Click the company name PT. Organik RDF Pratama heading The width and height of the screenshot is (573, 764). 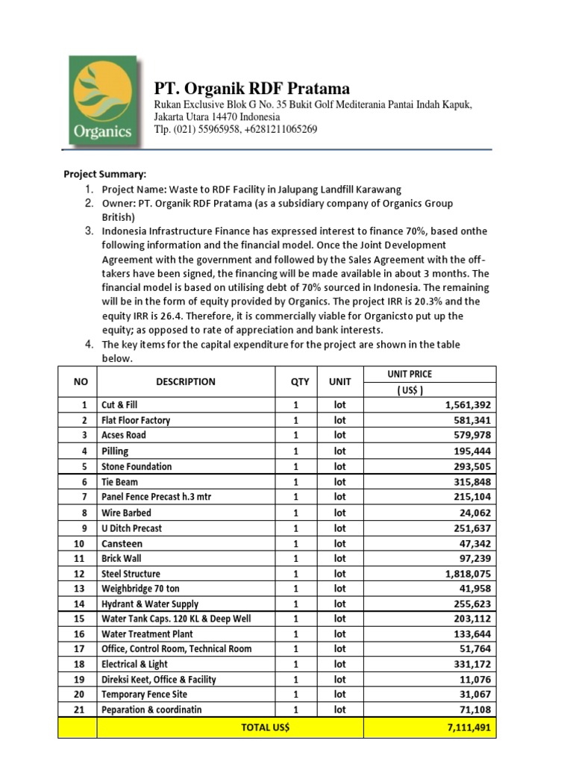tap(251, 89)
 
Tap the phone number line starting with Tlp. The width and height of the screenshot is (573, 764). tap(236, 129)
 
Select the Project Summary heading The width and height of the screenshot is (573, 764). tap(104, 174)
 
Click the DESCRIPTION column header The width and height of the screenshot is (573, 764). tap(186, 382)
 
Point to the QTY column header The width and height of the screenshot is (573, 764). tap(300, 382)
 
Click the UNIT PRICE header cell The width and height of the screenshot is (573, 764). tap(410, 375)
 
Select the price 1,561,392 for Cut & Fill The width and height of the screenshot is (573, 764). tap(467, 404)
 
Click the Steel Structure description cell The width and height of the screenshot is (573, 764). tap(131, 574)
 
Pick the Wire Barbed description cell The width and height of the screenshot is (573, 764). tap(126, 513)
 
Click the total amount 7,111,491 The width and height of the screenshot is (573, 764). tap(467, 727)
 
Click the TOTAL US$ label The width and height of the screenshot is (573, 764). tap(265, 727)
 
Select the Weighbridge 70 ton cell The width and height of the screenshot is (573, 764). tap(140, 589)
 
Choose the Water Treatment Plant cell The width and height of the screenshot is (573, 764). tap(147, 633)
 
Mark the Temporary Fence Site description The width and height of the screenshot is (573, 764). tap(144, 694)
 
